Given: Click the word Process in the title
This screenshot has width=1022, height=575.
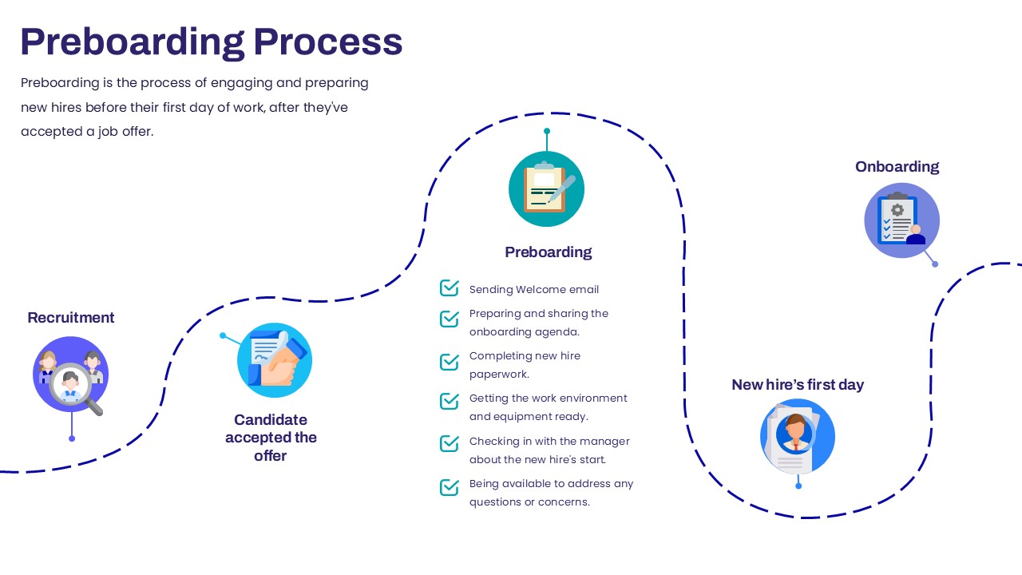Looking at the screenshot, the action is click(327, 42).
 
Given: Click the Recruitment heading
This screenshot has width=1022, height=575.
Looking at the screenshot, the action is click(71, 318).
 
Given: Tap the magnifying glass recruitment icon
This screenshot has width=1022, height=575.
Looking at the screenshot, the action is click(71, 375).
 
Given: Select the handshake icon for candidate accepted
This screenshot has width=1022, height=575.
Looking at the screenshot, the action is click(275, 360).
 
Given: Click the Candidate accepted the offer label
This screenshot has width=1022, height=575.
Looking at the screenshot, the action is click(271, 438).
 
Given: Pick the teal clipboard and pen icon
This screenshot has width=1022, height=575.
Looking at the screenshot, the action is click(547, 189).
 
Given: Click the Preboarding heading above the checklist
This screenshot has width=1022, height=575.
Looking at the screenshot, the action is click(548, 252).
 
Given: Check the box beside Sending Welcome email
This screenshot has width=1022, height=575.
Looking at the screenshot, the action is click(450, 288).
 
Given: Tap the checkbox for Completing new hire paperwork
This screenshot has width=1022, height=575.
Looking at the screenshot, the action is click(450, 362).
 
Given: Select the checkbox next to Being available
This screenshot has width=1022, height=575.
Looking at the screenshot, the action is click(450, 487).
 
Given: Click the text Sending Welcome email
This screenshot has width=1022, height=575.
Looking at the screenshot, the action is click(534, 289).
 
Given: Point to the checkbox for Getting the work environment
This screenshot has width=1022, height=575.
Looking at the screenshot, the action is click(450, 401).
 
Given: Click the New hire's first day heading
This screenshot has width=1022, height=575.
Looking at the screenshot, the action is click(798, 385).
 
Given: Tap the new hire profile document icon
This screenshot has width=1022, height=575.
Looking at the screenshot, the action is click(798, 436).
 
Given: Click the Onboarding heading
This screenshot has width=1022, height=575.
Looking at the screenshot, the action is click(897, 167).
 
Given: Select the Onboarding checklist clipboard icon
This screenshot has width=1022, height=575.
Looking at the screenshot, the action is click(902, 220).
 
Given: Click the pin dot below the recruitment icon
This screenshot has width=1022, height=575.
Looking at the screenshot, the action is click(72, 438).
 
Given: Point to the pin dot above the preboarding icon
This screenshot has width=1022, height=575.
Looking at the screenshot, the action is click(547, 132).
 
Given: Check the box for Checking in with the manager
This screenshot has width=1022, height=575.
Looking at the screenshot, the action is click(450, 443).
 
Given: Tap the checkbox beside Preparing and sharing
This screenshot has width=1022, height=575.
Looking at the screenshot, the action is click(450, 319).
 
